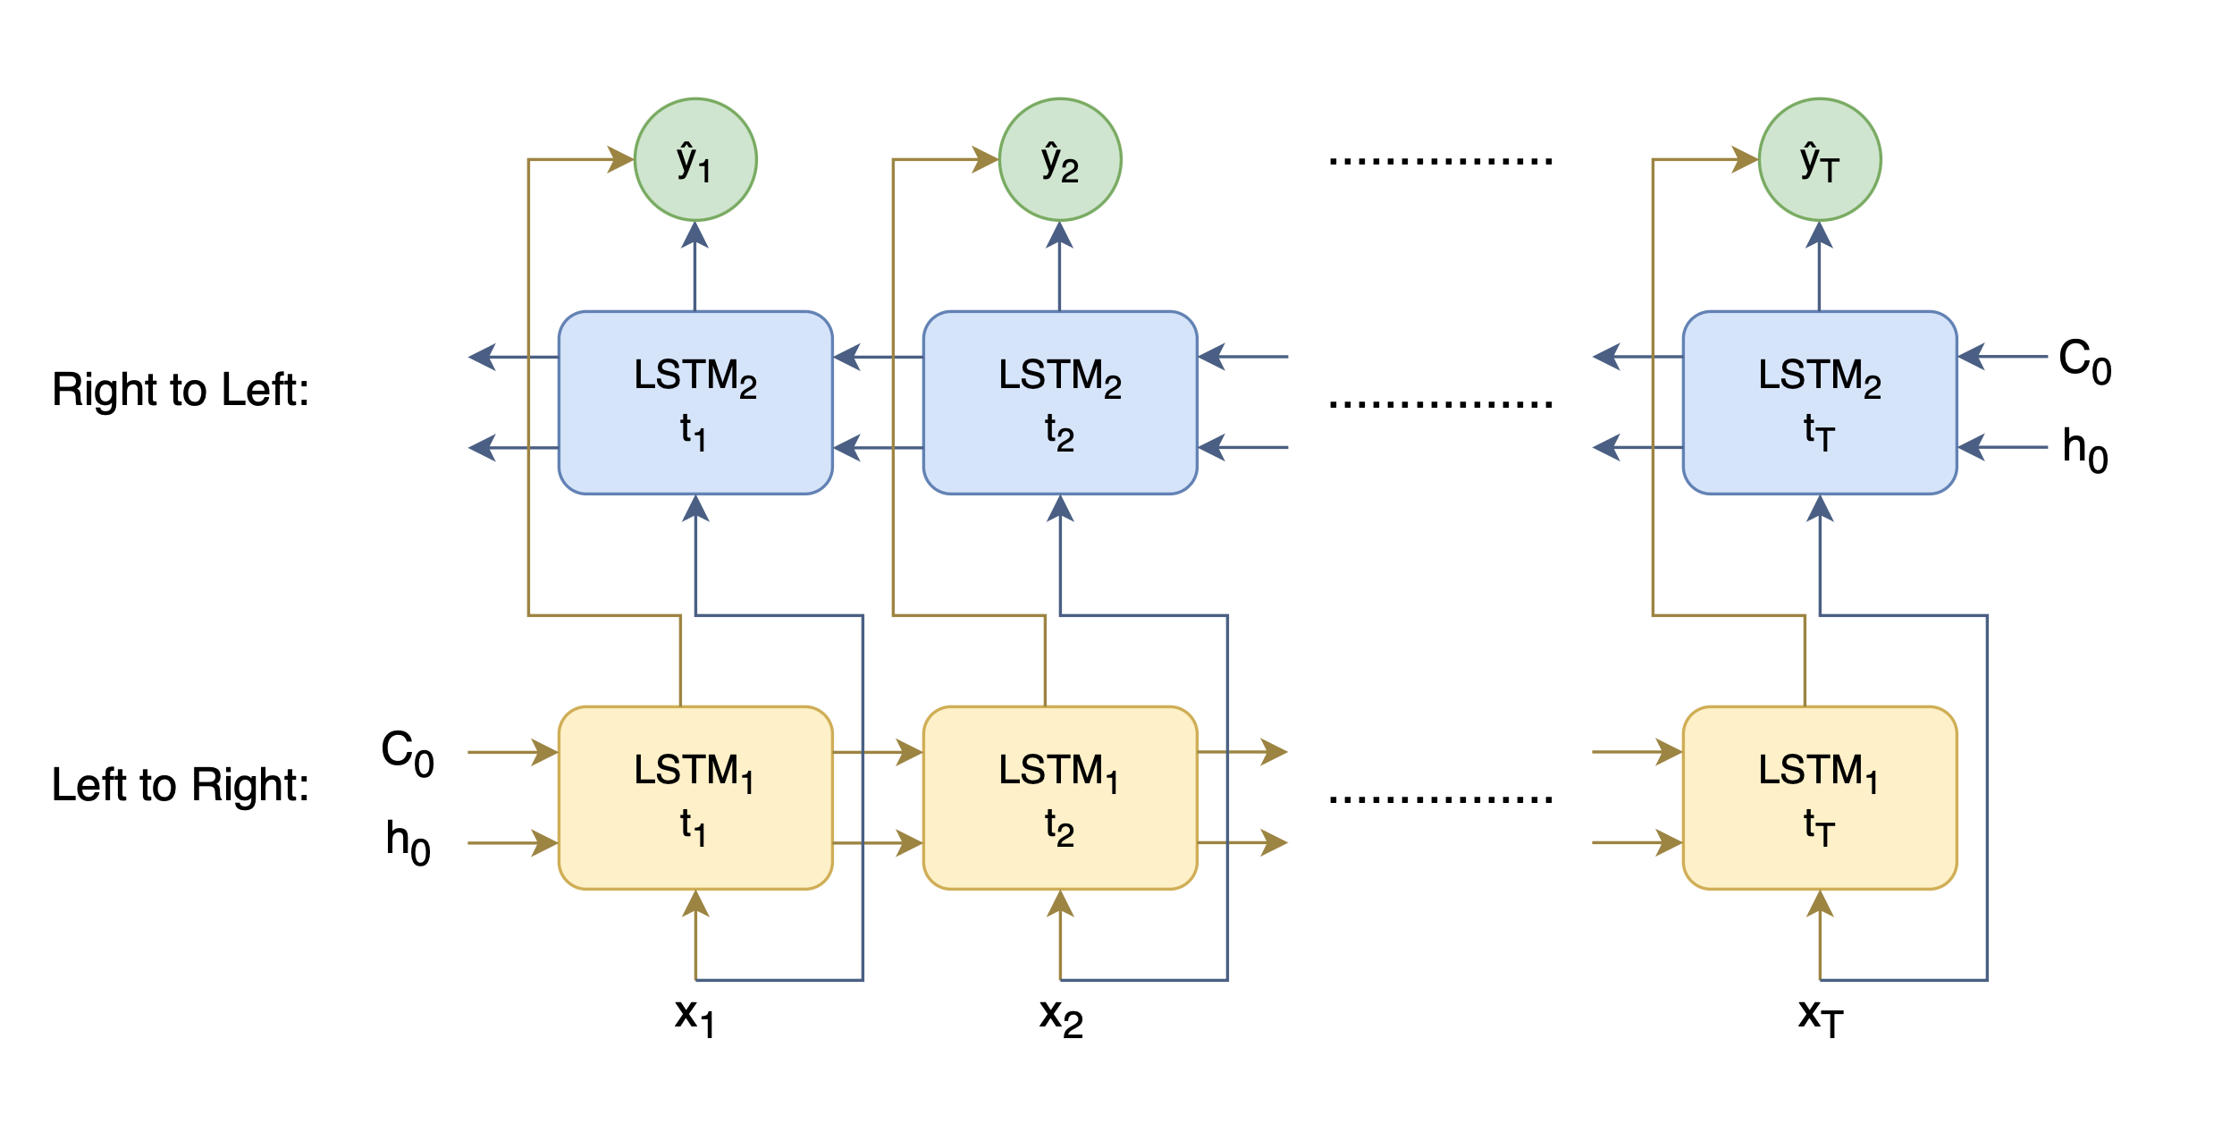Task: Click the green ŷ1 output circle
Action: click(695, 160)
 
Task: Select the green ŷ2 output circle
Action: click(1060, 160)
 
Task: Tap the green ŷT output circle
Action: click(1820, 160)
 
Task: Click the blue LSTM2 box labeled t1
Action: click(695, 402)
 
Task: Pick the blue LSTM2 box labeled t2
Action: click(1060, 402)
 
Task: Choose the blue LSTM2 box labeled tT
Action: click(1820, 402)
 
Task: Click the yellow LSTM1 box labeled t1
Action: click(695, 798)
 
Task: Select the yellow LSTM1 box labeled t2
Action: click(1060, 798)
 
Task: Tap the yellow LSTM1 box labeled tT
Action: click(1820, 798)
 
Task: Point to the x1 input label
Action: click(694, 1016)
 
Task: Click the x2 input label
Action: click(1061, 1016)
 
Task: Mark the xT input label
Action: click(1821, 1016)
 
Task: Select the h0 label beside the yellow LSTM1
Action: click(408, 841)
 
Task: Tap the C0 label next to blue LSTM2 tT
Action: click(2085, 359)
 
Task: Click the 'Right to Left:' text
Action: click(181, 390)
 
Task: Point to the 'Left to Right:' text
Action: click(181, 785)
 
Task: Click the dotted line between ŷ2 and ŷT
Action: click(1440, 162)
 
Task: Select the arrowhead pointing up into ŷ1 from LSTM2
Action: click(695, 235)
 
